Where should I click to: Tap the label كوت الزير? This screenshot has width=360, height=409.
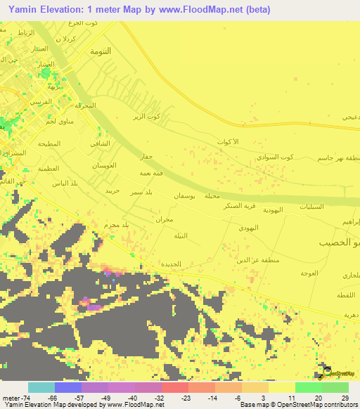point(147,116)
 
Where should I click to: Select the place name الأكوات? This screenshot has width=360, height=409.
point(229,142)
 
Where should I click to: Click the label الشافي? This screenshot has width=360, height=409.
point(100,143)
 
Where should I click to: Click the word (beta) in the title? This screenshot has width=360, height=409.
point(255,10)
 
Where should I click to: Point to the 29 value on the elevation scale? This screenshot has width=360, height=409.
point(345,397)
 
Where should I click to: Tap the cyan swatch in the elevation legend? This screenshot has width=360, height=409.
point(41,387)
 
